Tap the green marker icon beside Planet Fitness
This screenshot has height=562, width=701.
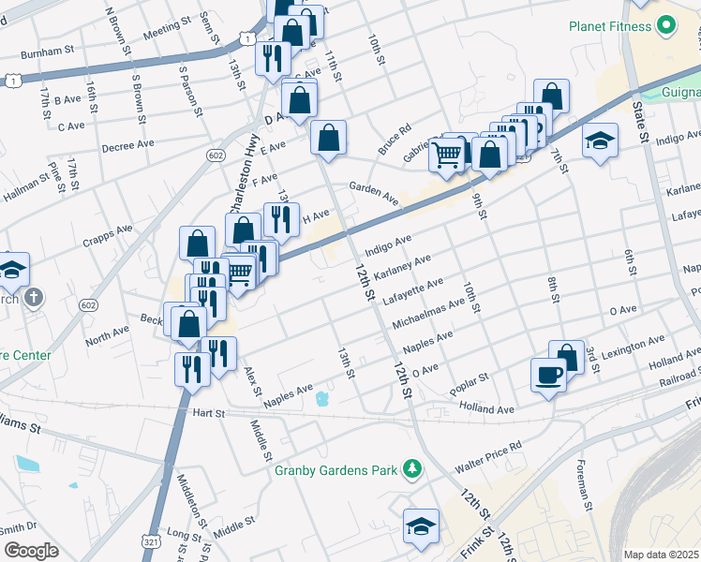[x=665, y=25]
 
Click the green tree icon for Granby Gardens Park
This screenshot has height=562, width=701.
[x=411, y=467]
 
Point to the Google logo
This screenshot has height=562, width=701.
[x=30, y=551]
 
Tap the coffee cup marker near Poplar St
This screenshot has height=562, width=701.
[x=548, y=375]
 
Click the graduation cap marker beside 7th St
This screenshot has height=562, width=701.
[x=600, y=141]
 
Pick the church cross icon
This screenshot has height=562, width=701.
[x=33, y=299]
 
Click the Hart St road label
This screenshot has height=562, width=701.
[x=209, y=413]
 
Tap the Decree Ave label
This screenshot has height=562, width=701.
[x=128, y=145]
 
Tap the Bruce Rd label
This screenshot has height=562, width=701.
[x=395, y=140]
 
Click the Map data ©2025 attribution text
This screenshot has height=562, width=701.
[x=661, y=555]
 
